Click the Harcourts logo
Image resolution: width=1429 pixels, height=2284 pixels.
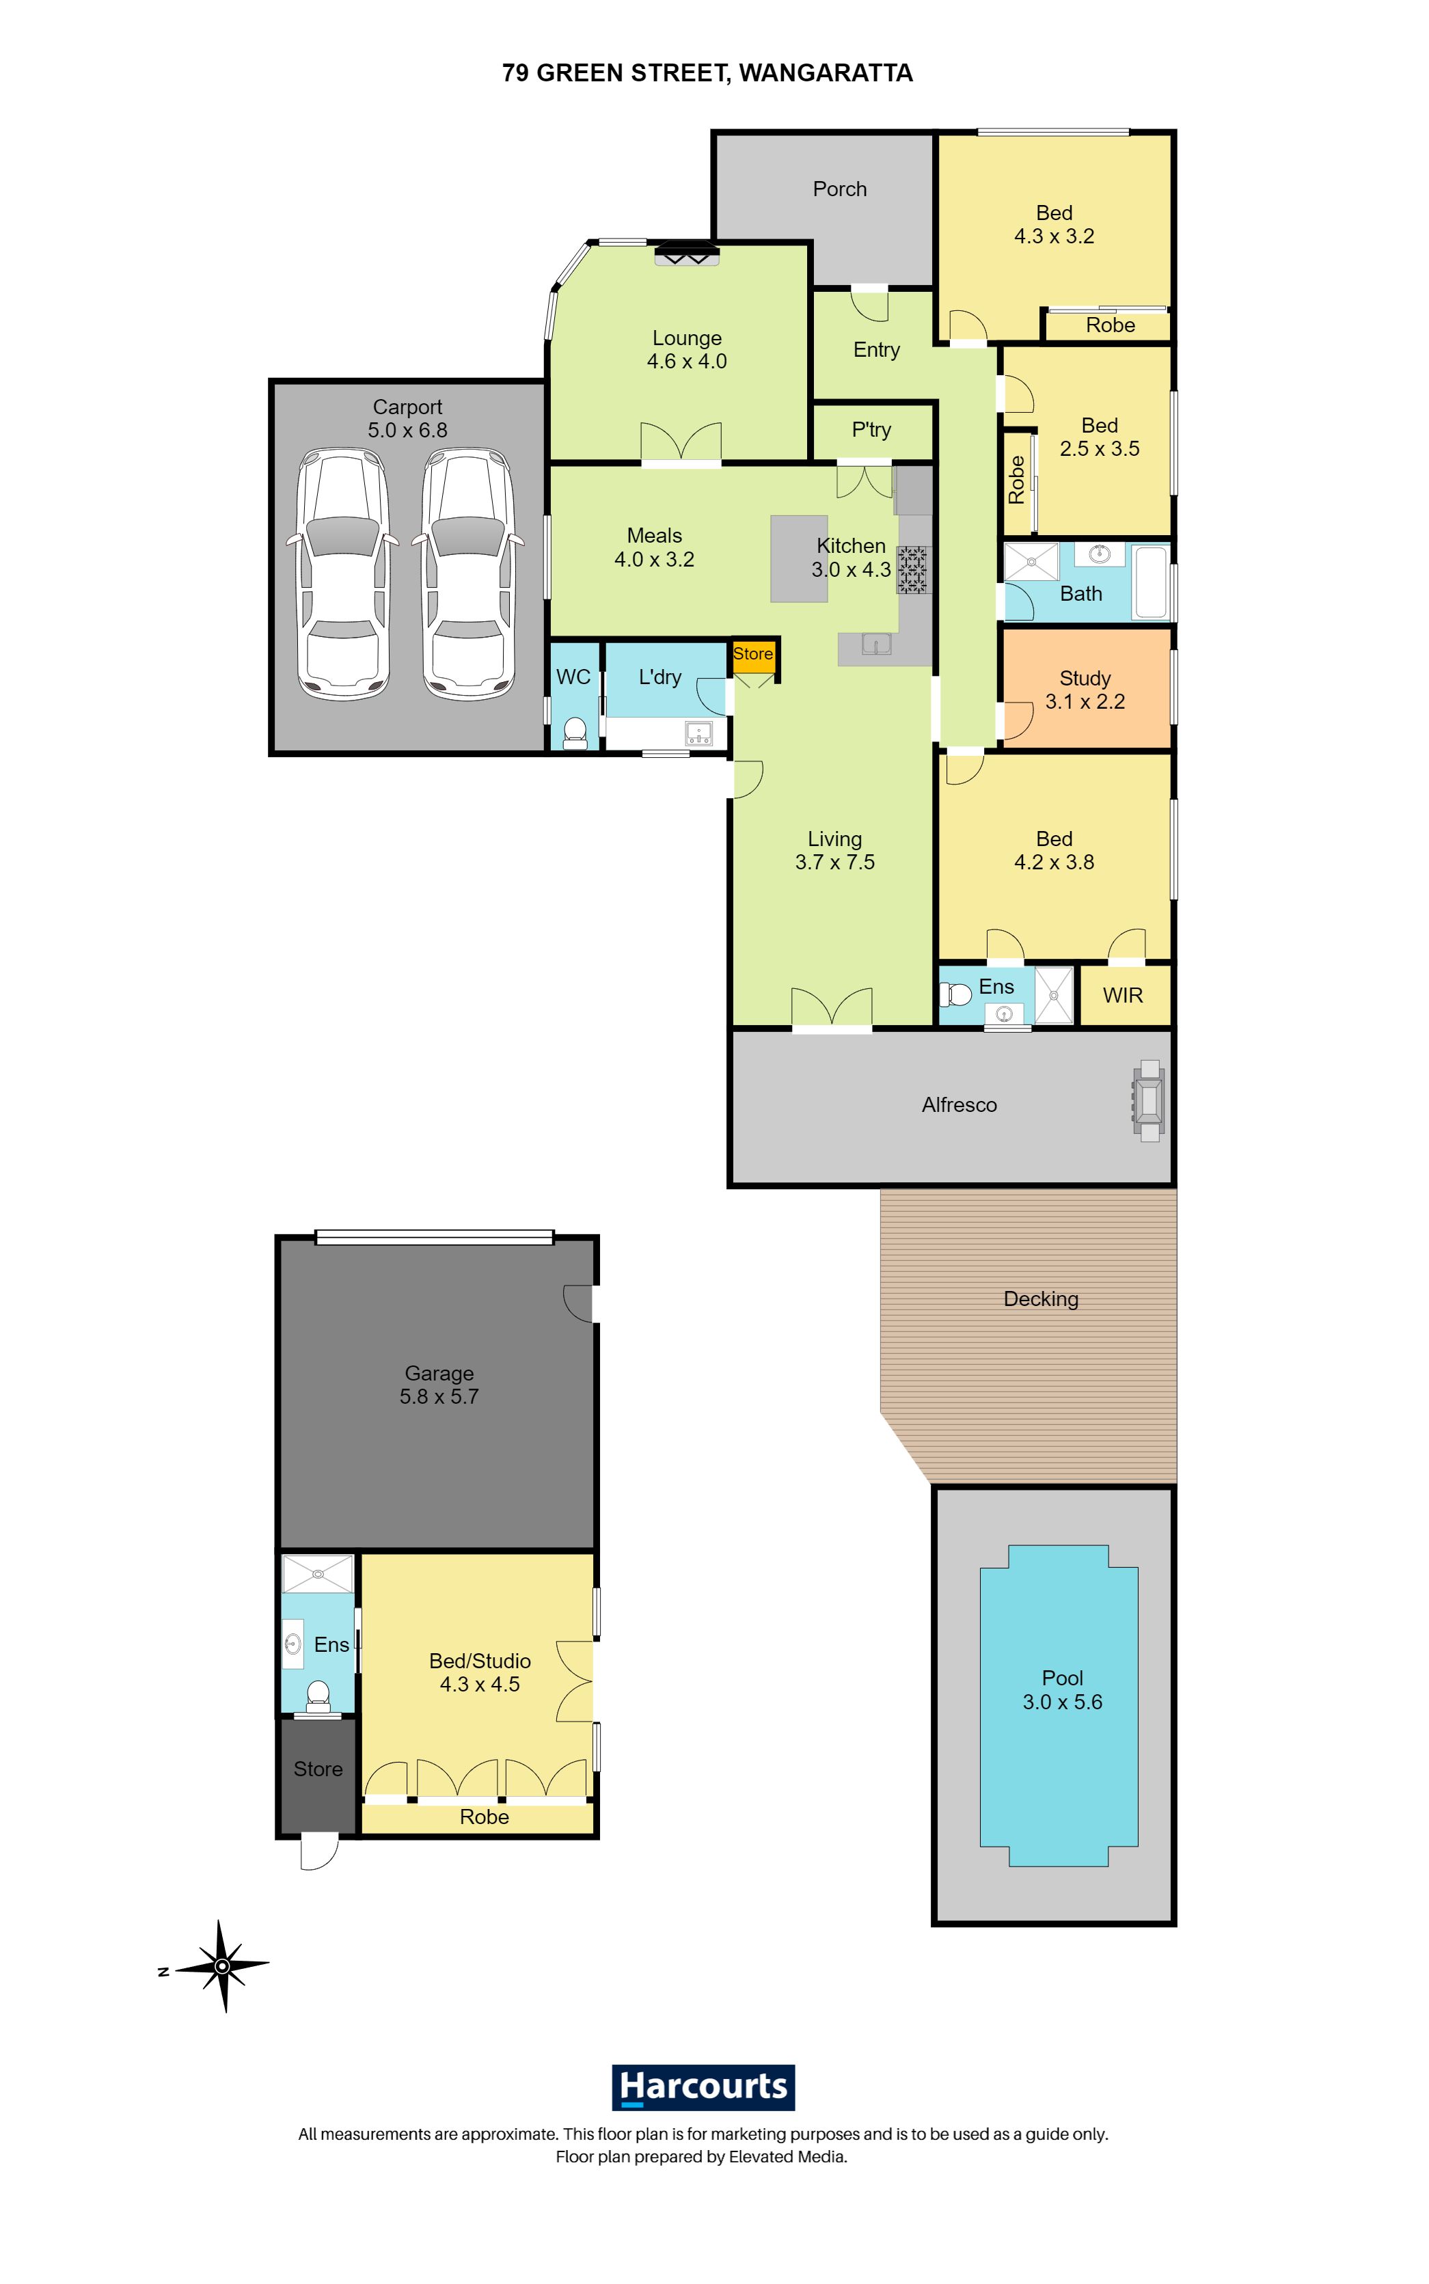tap(703, 2086)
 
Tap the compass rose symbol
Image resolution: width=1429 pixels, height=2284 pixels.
tap(222, 1966)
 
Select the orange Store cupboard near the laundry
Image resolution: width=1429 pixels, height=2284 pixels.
tap(753, 654)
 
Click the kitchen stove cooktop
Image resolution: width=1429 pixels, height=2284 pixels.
tap(913, 570)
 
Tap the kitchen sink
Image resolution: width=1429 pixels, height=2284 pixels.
tap(877, 644)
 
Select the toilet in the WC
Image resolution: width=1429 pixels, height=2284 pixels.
tap(573, 733)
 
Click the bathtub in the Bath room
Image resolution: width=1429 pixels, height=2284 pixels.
tap(1150, 581)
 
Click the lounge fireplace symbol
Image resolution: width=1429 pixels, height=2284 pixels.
tap(687, 254)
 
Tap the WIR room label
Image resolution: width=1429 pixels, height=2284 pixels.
tap(1123, 995)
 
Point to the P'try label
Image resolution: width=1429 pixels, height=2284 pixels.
tap(871, 430)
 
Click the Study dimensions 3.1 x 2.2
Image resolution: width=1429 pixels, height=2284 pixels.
tap(1085, 701)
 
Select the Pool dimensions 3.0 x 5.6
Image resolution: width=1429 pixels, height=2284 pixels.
tap(1062, 1701)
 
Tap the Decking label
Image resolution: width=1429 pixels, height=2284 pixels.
tap(1041, 1299)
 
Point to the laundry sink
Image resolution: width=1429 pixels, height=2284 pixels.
tap(698, 733)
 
